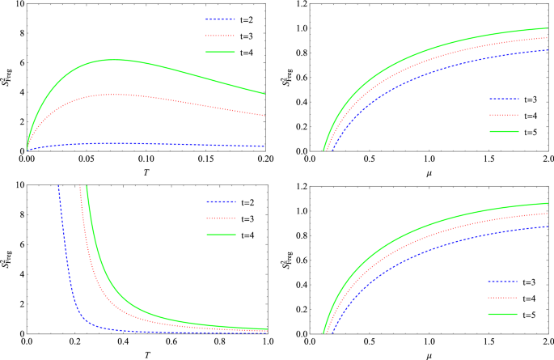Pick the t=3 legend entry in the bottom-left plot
point(223,218)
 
